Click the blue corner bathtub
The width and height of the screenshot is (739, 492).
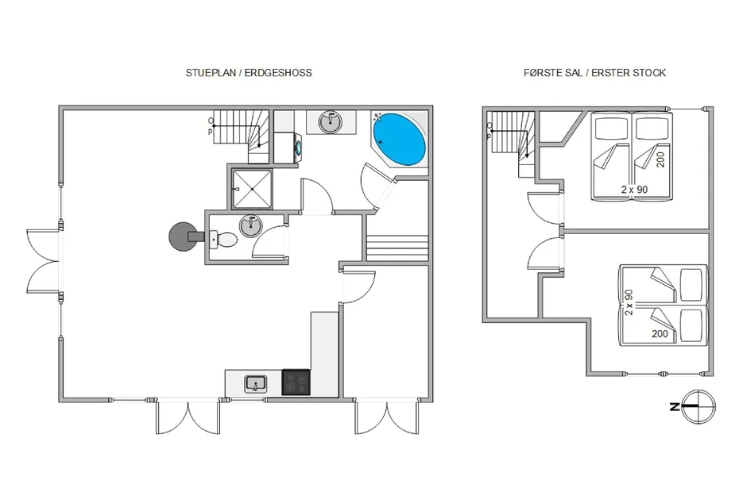(399, 139)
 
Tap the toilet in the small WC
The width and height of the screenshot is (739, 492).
(223, 240)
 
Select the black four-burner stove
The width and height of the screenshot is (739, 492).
(296, 382)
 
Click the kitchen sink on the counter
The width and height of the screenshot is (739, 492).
(255, 384)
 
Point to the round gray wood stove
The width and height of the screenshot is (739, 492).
(183, 236)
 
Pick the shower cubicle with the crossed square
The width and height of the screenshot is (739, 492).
(252, 189)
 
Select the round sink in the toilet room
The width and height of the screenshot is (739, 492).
(251, 226)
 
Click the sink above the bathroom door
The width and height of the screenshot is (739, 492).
(331, 122)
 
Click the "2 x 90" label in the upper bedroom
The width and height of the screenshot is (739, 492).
(634, 190)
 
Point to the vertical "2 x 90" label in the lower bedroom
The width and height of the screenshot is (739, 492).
(629, 302)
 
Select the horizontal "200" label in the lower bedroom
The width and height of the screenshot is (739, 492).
(660, 334)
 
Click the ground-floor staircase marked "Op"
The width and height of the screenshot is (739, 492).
(241, 136)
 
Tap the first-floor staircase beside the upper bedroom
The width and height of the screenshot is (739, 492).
(512, 141)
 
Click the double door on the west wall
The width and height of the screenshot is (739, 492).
(44, 261)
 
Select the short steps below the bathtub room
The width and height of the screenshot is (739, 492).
(397, 248)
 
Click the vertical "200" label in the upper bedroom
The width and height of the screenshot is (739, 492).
(661, 160)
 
